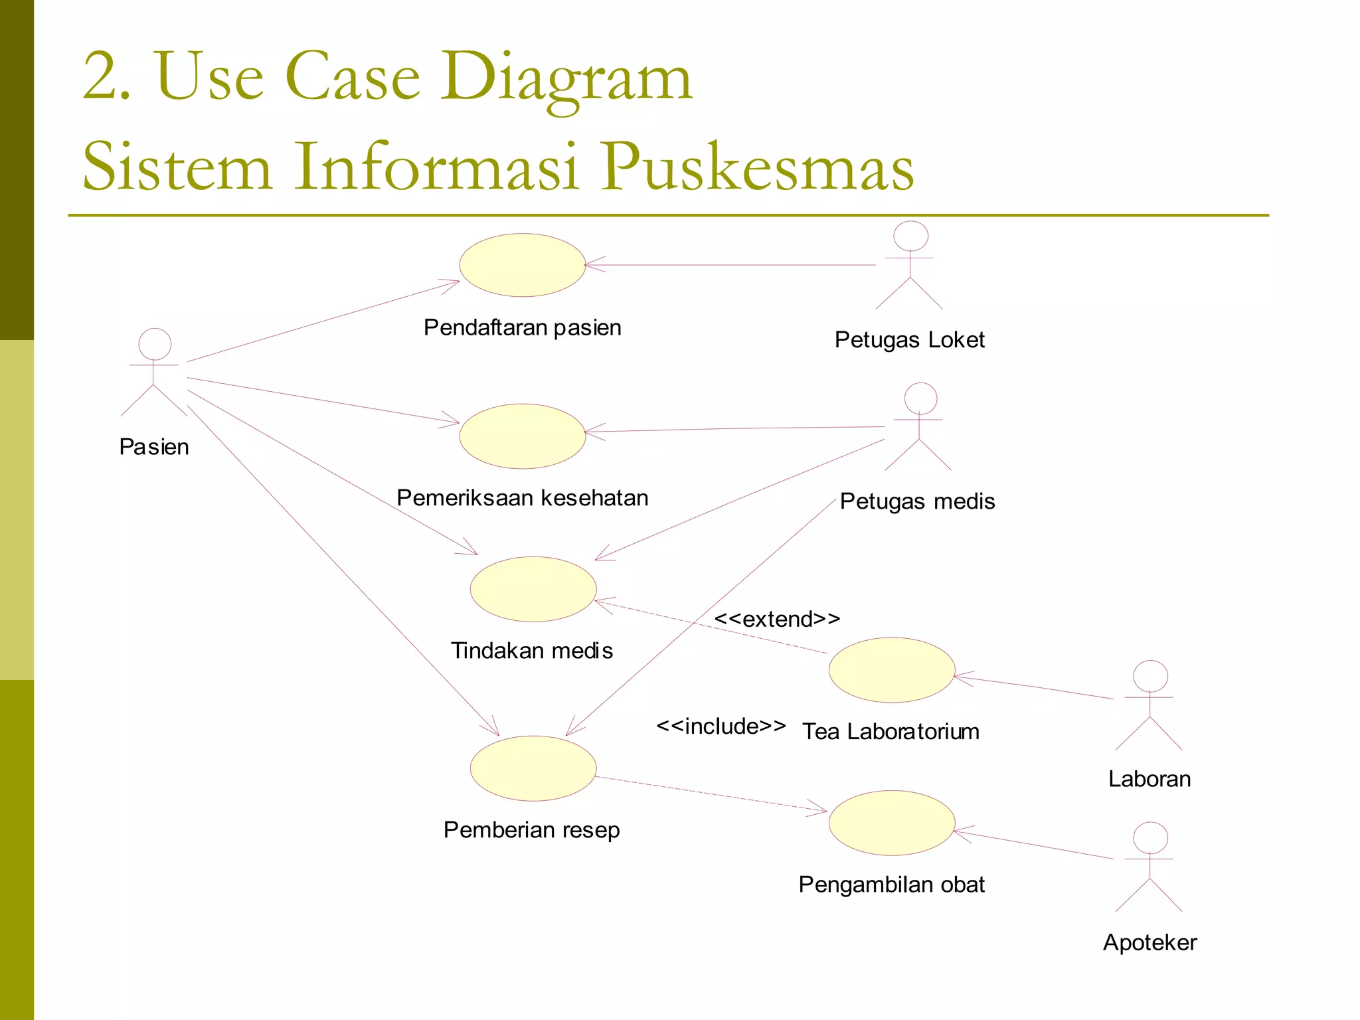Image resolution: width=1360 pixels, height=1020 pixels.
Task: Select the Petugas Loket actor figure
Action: click(x=909, y=266)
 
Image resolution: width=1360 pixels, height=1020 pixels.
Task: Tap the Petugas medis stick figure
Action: click(x=919, y=427)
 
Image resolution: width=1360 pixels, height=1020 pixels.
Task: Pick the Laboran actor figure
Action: click(x=1149, y=705)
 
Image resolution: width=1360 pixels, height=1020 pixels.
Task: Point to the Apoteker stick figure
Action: click(x=1149, y=867)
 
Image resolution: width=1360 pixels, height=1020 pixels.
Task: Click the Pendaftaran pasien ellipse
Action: click(x=523, y=265)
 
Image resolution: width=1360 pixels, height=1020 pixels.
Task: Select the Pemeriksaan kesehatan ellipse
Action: click(x=523, y=436)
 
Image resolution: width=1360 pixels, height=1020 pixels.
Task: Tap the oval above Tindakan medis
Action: click(x=533, y=589)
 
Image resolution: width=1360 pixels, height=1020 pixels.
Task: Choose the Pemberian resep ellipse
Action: click(x=533, y=768)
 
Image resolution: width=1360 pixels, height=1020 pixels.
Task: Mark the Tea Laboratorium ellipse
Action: click(x=892, y=670)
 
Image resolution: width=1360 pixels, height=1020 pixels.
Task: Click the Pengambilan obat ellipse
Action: click(x=892, y=823)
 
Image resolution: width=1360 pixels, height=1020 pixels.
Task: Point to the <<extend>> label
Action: click(x=777, y=619)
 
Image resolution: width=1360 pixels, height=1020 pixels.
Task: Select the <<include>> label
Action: click(x=721, y=726)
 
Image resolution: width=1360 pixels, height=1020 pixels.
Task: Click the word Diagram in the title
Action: click(x=568, y=78)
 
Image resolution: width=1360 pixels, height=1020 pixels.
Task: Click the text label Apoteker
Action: click(x=1149, y=942)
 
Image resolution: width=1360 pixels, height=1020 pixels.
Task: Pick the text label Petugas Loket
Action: click(x=909, y=339)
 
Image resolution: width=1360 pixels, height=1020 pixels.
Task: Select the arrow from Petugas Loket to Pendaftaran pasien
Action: click(x=730, y=265)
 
